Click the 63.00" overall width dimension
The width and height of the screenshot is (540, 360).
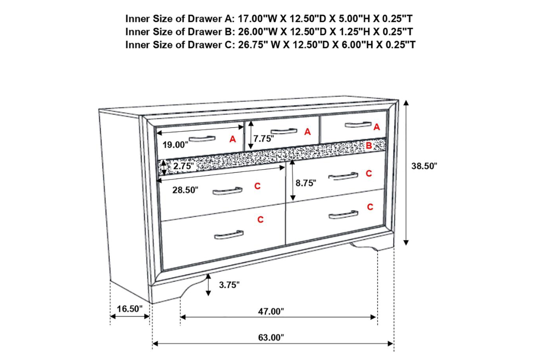(x=272, y=338)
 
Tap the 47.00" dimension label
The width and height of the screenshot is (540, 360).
(x=272, y=311)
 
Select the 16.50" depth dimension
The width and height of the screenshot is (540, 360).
(x=130, y=309)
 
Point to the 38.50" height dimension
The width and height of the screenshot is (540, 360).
(x=424, y=166)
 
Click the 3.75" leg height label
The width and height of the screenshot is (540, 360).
(x=229, y=284)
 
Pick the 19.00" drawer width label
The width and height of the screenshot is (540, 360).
(x=175, y=145)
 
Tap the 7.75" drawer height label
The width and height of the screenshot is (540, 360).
(x=263, y=139)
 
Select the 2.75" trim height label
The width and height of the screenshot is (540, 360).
(x=183, y=166)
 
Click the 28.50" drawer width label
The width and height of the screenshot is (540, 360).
(x=185, y=190)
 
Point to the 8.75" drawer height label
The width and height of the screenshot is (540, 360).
(x=306, y=183)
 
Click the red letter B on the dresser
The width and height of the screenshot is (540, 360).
(x=369, y=145)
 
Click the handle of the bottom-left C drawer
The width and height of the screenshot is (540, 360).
(x=229, y=235)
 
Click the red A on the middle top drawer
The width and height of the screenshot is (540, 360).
(x=308, y=132)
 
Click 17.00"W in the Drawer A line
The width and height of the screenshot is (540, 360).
(x=254, y=19)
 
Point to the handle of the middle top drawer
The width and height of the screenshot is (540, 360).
(x=285, y=131)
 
